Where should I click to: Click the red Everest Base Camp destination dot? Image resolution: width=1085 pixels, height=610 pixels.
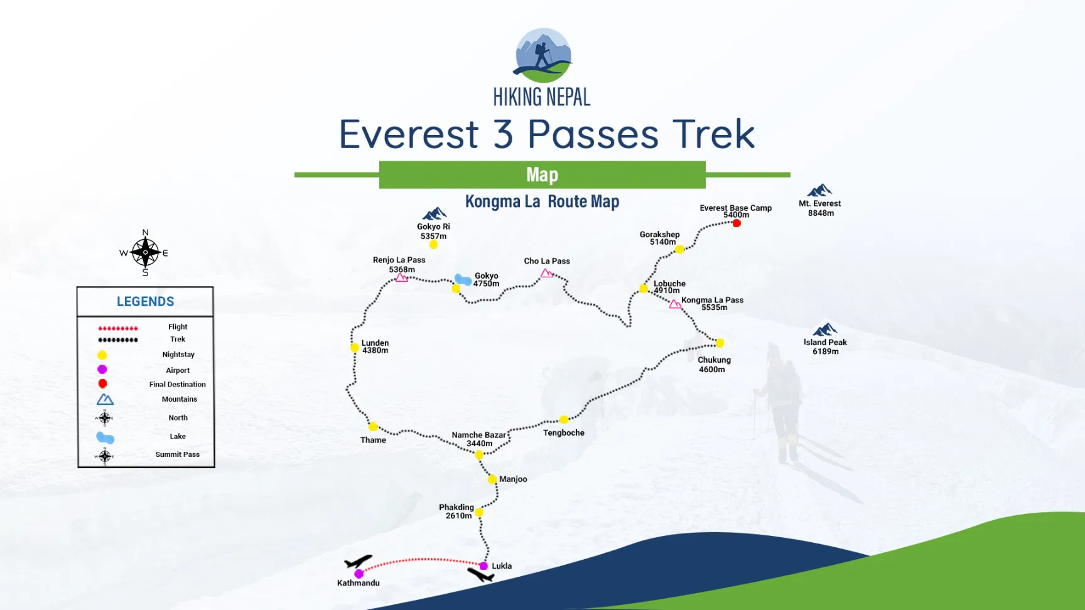737,223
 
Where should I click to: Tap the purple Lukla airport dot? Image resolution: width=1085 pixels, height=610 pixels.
483,566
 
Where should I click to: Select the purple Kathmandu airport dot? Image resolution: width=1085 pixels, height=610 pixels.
359,574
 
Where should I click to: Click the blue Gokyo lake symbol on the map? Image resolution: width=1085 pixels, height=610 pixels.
463,279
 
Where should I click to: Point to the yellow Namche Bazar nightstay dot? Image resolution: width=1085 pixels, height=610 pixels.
479,454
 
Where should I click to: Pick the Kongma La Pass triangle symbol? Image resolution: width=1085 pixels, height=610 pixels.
675,304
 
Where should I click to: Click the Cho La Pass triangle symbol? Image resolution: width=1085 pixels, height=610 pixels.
547,273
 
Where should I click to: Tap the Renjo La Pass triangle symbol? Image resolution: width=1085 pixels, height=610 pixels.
402,277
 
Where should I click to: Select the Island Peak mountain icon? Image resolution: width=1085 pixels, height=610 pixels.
824,329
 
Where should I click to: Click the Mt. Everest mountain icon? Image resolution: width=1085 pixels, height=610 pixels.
819,190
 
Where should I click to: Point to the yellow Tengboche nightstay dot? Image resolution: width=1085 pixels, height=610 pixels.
564,419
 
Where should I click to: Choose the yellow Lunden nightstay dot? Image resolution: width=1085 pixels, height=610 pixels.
355,348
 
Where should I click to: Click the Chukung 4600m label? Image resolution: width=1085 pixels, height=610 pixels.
713,365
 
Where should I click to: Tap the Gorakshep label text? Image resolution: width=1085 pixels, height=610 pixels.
659,235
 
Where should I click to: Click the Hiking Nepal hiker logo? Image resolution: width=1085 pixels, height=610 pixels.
543,55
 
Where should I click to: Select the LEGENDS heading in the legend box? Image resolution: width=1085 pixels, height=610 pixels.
146,302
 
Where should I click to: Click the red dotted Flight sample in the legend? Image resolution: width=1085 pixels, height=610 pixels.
118,328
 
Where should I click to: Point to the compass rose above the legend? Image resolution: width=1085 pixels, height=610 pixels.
145,253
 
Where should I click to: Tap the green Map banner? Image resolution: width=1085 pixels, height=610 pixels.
542,174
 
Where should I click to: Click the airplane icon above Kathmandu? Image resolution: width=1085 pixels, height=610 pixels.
358,561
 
